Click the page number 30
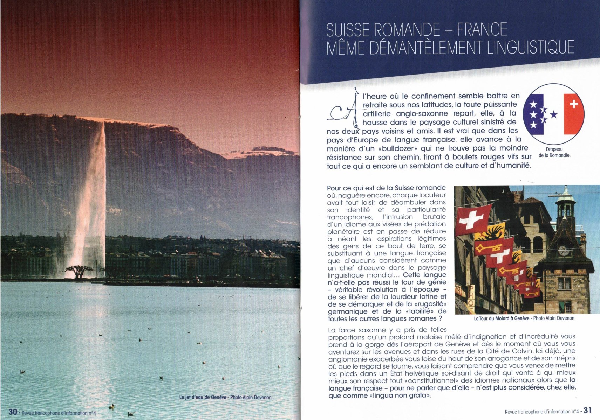tap(13, 412)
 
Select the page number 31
tap(587, 410)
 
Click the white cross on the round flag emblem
tap(574, 104)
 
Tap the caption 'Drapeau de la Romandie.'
tap(554, 152)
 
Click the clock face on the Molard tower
tap(563, 251)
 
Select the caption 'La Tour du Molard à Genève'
tap(502, 318)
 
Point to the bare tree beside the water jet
tap(79, 271)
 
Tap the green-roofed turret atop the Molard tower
tap(565, 199)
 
